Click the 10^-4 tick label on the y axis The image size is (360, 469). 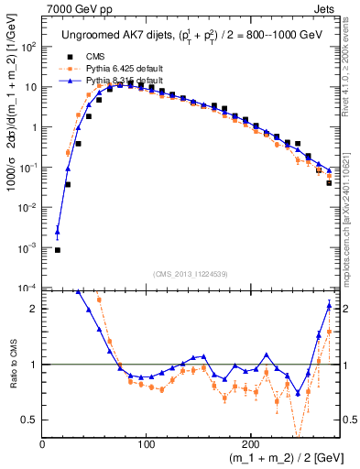(x=27, y=288)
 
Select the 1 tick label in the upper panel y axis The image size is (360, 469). (x=32, y=127)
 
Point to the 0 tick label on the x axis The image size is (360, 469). (x=42, y=444)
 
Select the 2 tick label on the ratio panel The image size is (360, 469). (x=35, y=309)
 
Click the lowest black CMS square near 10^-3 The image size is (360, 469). (x=57, y=249)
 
